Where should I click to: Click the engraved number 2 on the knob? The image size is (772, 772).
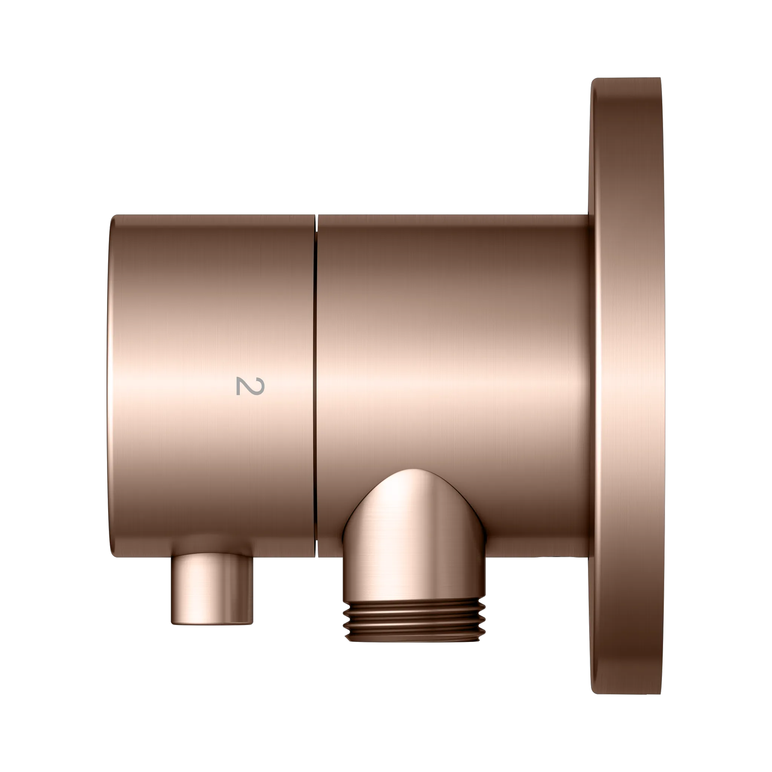click(x=250, y=386)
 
